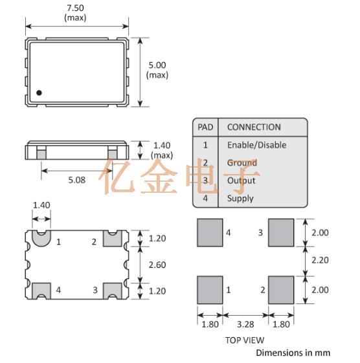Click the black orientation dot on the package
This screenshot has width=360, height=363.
(39, 93)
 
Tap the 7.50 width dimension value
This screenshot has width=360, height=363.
(75, 8)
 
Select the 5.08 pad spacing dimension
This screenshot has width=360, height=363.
(76, 180)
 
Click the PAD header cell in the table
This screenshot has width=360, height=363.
(205, 127)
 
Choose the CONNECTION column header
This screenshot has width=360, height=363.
(254, 127)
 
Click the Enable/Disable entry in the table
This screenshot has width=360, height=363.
(256, 145)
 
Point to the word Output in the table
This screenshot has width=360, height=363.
(241, 181)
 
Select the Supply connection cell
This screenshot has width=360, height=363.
(240, 199)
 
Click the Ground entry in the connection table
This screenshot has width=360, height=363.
(242, 163)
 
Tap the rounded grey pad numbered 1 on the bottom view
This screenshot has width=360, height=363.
(41, 239)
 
